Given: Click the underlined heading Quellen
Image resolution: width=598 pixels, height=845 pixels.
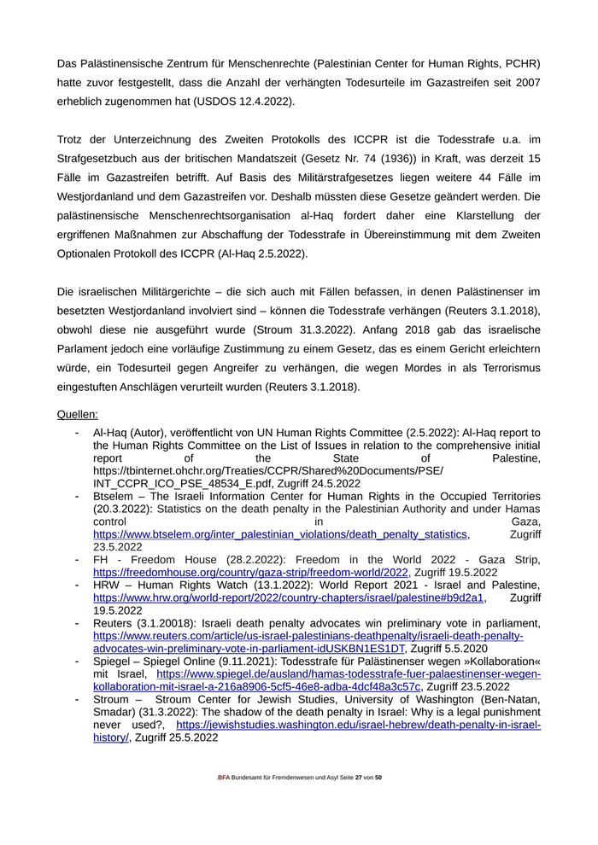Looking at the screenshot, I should [x=78, y=415].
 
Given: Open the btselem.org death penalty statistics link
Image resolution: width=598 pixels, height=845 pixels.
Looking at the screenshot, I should [x=280, y=534].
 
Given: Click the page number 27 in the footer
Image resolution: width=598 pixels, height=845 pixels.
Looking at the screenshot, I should [x=359, y=778].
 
